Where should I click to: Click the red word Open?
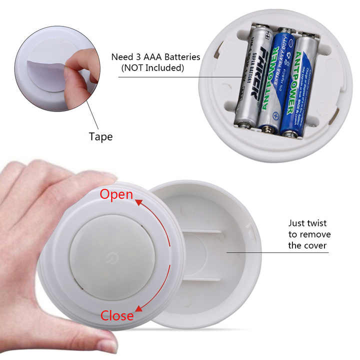(116, 194)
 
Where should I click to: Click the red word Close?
(117, 315)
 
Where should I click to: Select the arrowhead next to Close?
(138, 308)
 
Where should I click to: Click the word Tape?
(100, 136)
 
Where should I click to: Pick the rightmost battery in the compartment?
(299, 85)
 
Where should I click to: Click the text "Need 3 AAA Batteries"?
(155, 57)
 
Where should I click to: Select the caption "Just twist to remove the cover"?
(309, 234)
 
